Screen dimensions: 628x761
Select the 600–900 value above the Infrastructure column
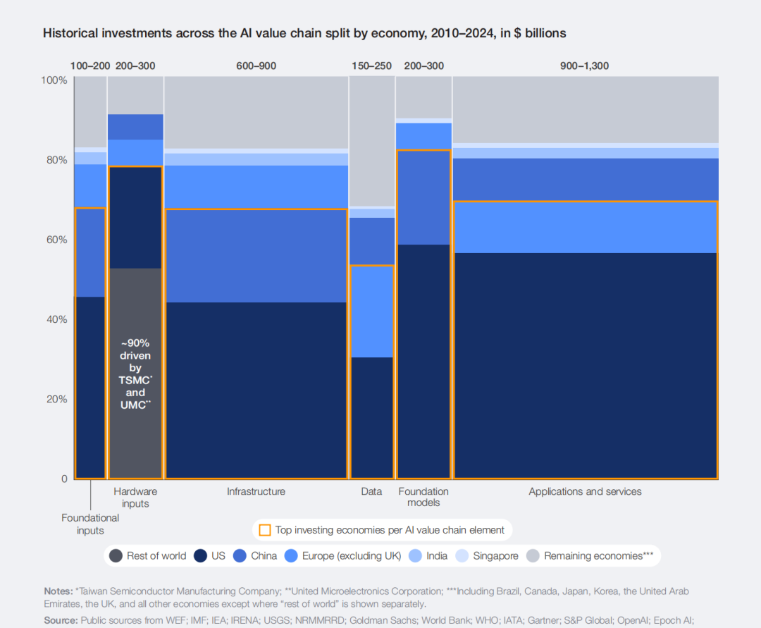click(256, 66)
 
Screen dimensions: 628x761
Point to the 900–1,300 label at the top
click(585, 66)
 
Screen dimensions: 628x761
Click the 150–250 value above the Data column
click(371, 66)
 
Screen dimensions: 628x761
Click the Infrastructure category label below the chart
click(256, 491)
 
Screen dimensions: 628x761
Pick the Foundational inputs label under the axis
click(90, 524)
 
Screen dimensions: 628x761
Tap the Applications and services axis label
click(585, 491)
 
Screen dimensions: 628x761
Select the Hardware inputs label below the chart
click(135, 497)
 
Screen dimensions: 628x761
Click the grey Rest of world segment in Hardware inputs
click(135, 437)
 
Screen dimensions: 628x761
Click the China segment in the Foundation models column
click(423, 197)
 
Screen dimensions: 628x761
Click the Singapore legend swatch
click(465, 555)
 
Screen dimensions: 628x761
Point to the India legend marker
click(415, 555)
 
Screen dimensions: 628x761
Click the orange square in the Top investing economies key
click(265, 530)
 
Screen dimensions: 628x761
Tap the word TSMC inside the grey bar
click(134, 381)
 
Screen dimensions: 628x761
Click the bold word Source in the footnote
click(60, 620)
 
